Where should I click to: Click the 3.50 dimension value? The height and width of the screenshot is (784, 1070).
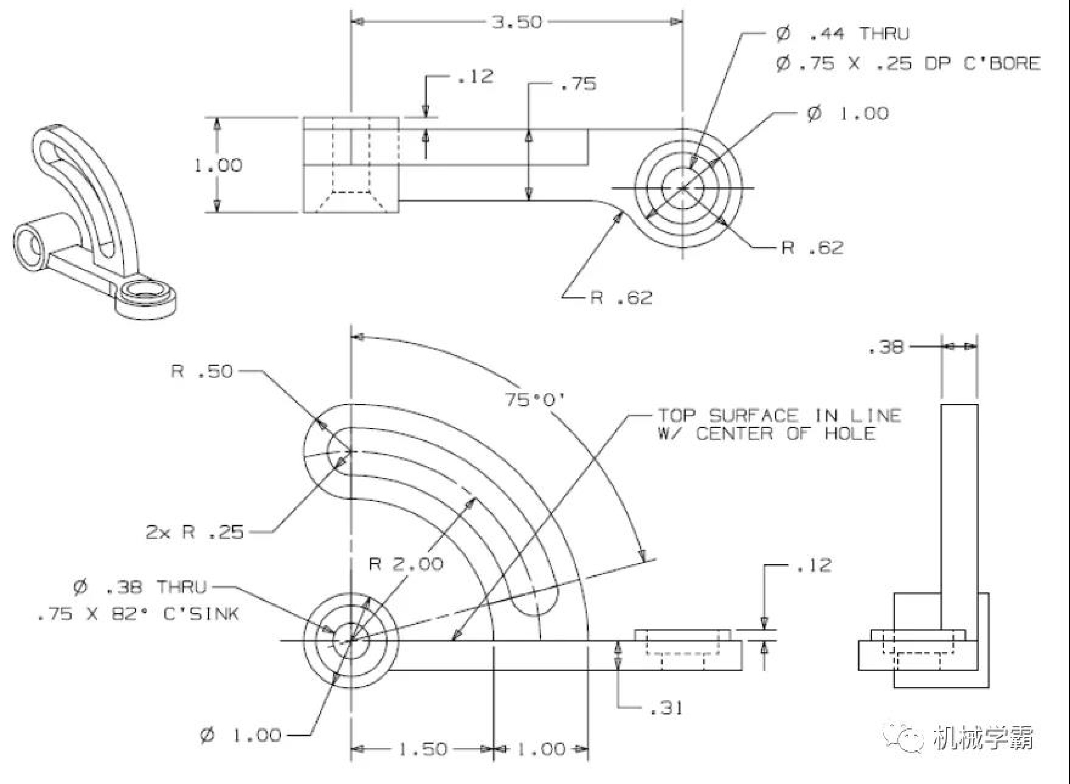[x=516, y=22]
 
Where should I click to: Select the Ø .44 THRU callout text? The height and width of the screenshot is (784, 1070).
[x=843, y=34]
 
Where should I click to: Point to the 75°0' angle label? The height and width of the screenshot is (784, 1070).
[x=534, y=400]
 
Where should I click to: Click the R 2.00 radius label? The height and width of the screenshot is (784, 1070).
[x=406, y=564]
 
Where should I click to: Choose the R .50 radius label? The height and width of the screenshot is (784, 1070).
[x=202, y=371]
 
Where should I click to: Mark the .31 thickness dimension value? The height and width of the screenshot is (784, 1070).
[x=666, y=709]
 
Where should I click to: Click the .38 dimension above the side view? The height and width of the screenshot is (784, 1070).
[x=886, y=347]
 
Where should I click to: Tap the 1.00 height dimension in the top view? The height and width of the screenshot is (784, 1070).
[x=218, y=165]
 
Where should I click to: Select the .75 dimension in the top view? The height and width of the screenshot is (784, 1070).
[x=578, y=84]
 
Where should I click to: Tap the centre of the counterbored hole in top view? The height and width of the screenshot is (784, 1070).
[x=682, y=188]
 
